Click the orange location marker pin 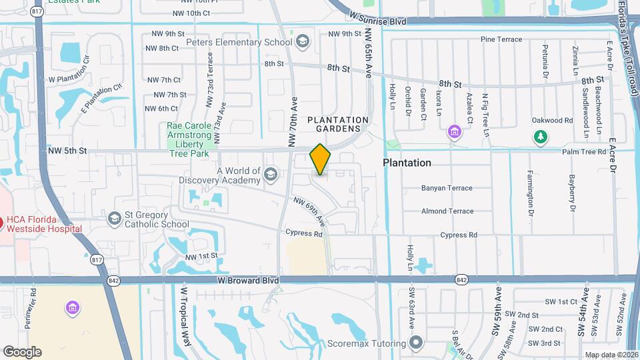[x=320, y=160]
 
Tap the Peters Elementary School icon [x=303, y=41]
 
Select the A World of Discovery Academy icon [x=271, y=175]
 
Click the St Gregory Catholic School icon [x=114, y=217]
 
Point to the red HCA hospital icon [x=2, y=222]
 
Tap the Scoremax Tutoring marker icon [x=417, y=344]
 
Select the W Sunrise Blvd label [x=377, y=21]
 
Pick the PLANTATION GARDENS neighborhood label [x=338, y=124]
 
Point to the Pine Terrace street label [x=501, y=40]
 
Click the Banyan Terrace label [x=447, y=188]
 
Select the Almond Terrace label [x=447, y=211]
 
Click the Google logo [x=22, y=351]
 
